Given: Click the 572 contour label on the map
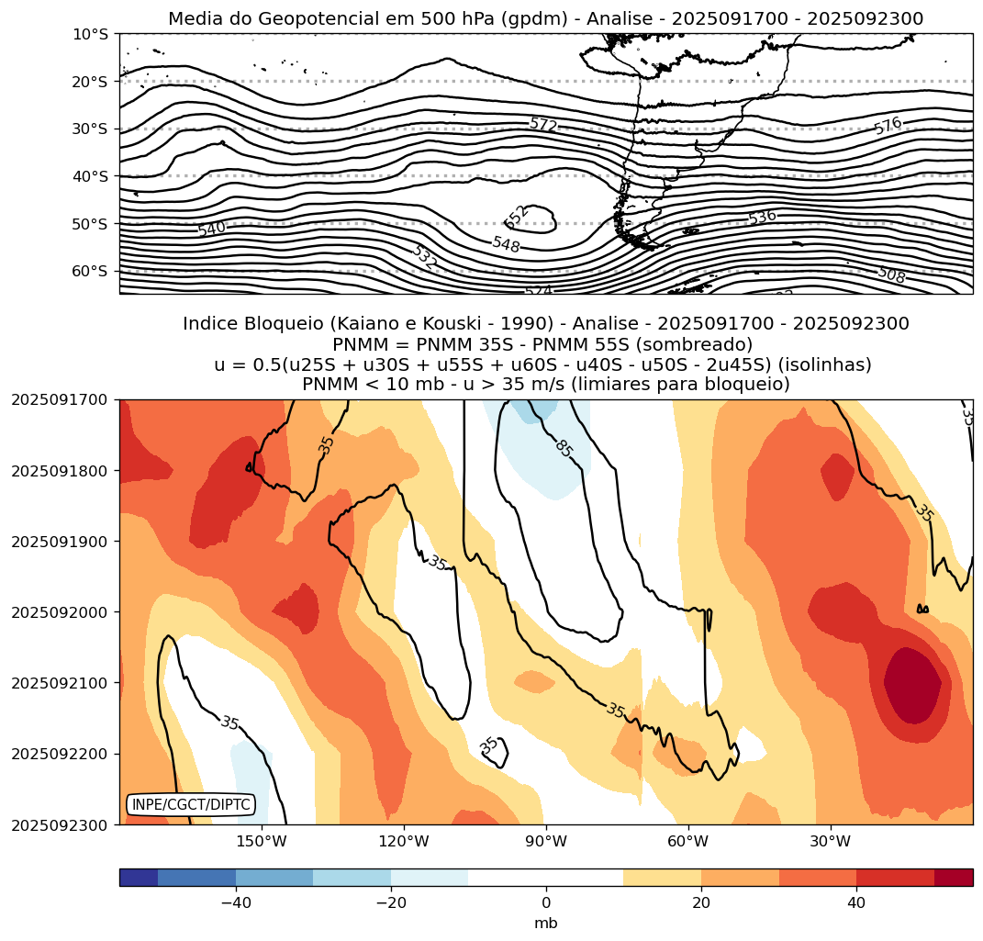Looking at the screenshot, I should click(543, 124).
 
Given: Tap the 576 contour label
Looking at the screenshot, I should click(888, 126).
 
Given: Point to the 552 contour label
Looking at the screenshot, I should click(518, 217).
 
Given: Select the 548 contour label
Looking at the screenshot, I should click(506, 244).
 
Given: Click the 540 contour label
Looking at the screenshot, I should click(211, 229).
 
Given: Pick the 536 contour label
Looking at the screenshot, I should click(762, 218).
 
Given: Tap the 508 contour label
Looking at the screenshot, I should click(891, 274).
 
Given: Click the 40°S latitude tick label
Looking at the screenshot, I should click(90, 176).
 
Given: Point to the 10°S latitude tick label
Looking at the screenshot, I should click(90, 34).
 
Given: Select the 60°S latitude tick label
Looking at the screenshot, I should click(90, 271).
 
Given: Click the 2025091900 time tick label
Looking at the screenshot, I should click(59, 542).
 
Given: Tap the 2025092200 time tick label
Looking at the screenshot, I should click(59, 754).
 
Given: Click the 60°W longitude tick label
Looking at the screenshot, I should click(687, 842).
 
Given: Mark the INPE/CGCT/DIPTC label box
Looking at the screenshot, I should click(190, 805).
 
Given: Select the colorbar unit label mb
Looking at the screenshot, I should click(546, 924).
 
